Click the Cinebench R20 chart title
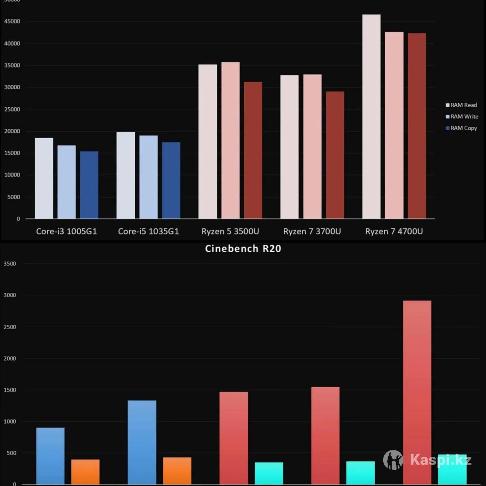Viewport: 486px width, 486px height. coord(243,248)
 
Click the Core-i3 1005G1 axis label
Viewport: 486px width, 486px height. coord(66,231)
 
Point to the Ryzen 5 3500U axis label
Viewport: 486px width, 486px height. coord(230,231)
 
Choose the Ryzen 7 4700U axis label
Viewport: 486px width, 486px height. coord(394,231)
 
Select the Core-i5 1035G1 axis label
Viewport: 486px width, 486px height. coord(148,231)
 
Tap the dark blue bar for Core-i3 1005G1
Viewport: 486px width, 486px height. coord(89,185)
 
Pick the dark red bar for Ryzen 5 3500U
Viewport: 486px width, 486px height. coord(253,150)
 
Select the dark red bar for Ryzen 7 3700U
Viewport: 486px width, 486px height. coord(335,155)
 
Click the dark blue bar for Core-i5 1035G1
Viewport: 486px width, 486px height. coord(171,180)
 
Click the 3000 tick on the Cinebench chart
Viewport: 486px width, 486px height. coord(9,295)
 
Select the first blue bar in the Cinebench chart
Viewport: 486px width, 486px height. coord(50,456)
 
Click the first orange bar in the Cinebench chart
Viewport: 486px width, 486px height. coord(85,471)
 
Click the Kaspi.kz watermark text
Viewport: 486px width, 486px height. coord(441,460)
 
